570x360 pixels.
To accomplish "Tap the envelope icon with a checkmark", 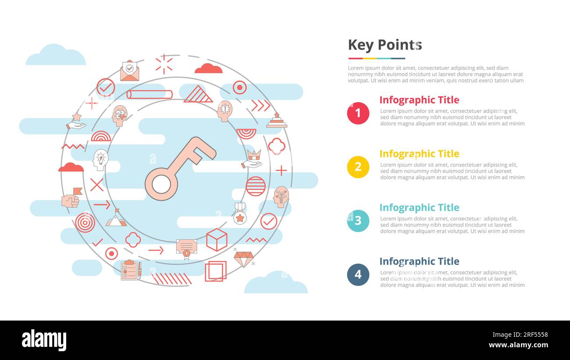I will coord(129,71).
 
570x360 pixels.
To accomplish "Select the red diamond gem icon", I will coord(243,259).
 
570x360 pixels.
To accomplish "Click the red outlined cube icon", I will coord(217,240).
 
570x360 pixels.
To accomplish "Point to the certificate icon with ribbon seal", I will coord(186,248).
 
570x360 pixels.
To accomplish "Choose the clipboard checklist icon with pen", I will coord(131,270).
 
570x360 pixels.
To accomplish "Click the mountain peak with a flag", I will coord(116,218).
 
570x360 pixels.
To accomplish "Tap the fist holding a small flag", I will coord(71,199).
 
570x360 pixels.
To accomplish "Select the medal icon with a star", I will coord(239,214).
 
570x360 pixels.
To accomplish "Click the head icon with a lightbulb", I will coord(100,160).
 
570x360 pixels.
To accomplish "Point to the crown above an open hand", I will coord(252,159).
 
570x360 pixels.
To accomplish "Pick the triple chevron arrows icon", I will coord(261,105).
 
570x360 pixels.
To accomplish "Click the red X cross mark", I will coord(96,185).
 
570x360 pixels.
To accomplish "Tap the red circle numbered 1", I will coord(358,113).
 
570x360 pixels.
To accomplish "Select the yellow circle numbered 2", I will coord(358,167).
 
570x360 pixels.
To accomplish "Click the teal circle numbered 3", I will coord(358,221).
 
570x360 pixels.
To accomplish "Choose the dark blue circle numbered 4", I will coord(358,274).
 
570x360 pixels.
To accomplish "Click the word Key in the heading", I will coord(360,45).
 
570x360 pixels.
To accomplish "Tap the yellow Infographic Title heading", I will coord(419,154).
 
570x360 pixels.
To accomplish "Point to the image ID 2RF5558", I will coord(531,335).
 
